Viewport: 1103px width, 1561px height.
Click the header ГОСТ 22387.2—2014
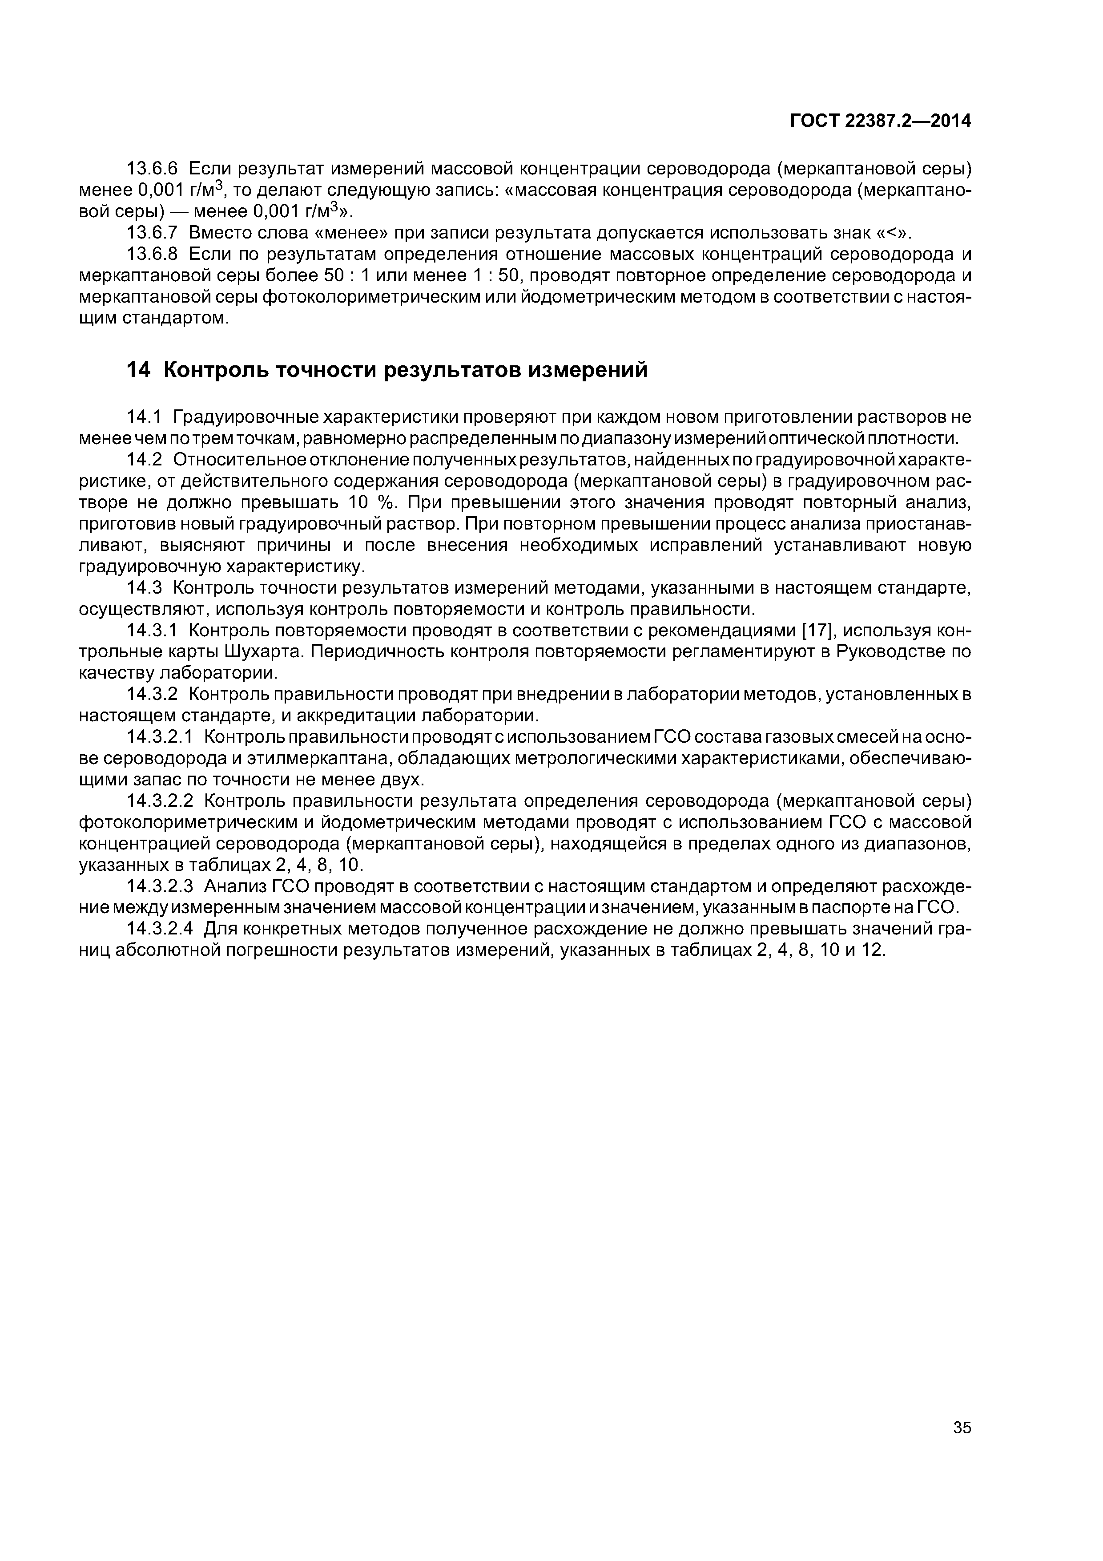880,121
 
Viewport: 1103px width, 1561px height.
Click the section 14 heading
387,371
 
